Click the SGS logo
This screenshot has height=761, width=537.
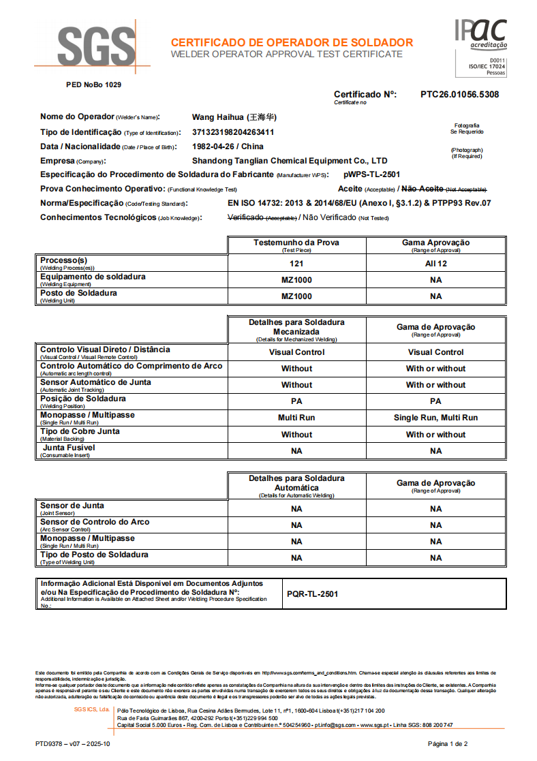pyautogui.click(x=95, y=48)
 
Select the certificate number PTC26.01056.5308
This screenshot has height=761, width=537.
pyautogui.click(x=459, y=95)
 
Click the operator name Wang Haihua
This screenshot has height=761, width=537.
pyautogui.click(x=234, y=117)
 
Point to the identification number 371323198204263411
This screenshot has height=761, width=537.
pyautogui.click(x=233, y=132)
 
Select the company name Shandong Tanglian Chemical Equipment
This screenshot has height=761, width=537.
pyautogui.click(x=290, y=161)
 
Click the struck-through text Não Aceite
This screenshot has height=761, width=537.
pyautogui.click(x=423, y=189)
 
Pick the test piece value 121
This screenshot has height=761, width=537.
pyautogui.click(x=296, y=264)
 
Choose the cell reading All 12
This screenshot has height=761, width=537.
pyautogui.click(x=435, y=264)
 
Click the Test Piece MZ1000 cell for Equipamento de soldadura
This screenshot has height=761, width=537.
pyautogui.click(x=296, y=280)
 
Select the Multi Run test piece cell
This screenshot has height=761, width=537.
pyautogui.click(x=296, y=418)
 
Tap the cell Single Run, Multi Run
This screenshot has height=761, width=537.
pyautogui.click(x=435, y=418)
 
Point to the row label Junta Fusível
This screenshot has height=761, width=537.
pyautogui.click(x=68, y=448)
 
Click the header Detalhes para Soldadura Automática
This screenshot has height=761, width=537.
pyautogui.click(x=296, y=483)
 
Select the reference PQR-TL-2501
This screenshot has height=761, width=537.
pyautogui.click(x=312, y=594)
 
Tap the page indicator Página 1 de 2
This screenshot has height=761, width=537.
pyautogui.click(x=447, y=743)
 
